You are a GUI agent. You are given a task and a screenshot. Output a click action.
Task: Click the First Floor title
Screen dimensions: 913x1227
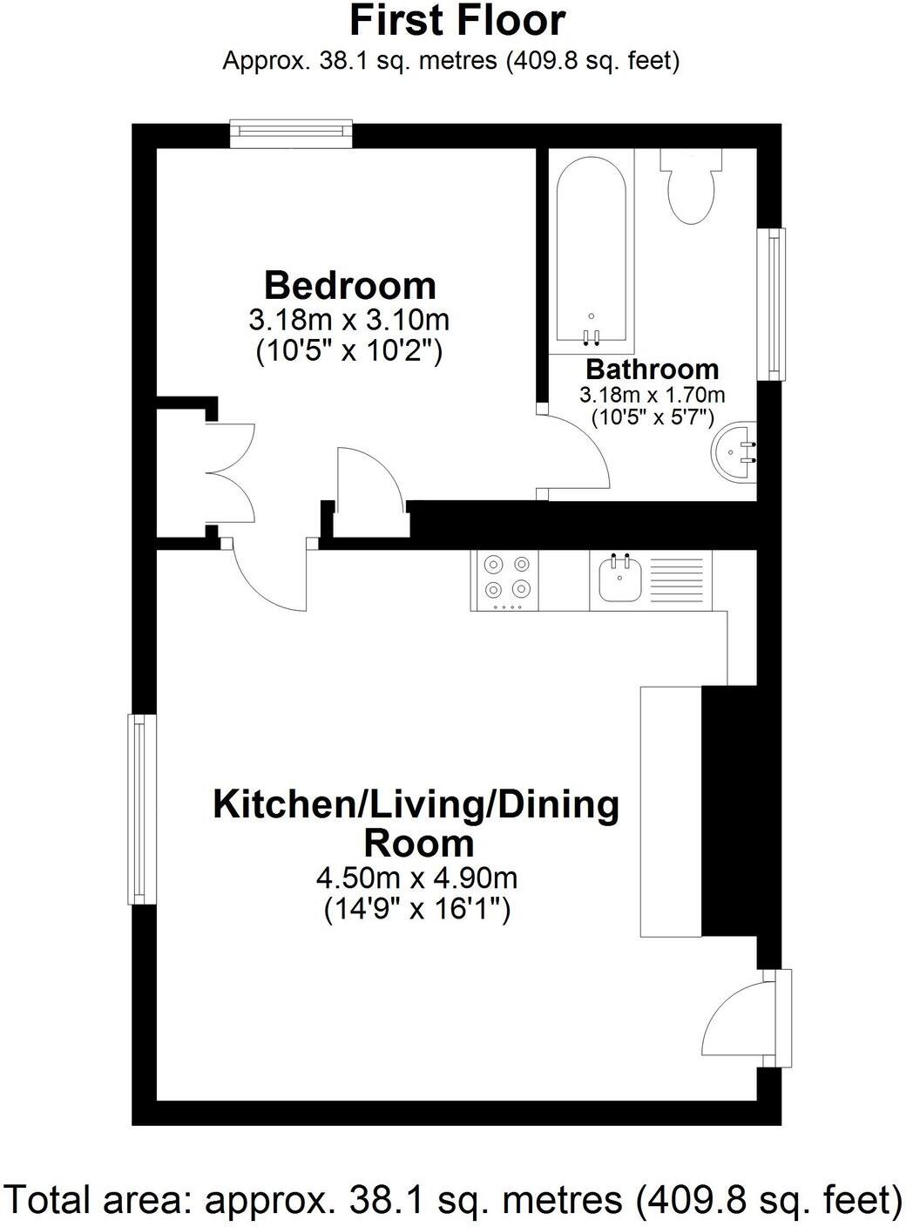(457, 22)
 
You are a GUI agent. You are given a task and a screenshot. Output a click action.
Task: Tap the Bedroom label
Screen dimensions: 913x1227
(350, 286)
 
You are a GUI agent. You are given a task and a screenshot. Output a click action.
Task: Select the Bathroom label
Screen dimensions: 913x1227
(653, 369)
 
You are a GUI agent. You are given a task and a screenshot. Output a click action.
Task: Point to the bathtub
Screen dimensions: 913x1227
(592, 252)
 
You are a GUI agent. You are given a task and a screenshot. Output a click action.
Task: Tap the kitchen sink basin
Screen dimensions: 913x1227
(621, 580)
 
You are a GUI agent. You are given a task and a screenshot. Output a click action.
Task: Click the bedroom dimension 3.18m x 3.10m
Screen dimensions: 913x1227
(349, 320)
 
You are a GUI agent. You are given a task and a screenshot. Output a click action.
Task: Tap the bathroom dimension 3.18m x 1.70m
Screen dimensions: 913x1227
(653, 395)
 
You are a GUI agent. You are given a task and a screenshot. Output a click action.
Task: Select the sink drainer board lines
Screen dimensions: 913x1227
(676, 580)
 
